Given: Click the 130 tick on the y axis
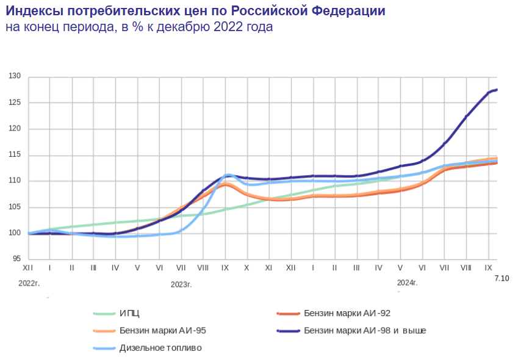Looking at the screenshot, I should pos(15,77).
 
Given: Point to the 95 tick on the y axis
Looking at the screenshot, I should pos(16,259).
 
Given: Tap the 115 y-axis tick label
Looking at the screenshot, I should pos(15,155).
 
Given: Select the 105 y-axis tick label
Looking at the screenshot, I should pos(15,207).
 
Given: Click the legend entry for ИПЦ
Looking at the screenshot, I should pos(129,314).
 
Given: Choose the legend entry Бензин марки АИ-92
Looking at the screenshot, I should pos(346,314).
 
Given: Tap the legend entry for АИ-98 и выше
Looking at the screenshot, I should pos(364,331).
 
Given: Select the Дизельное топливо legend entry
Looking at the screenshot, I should pos(160,348).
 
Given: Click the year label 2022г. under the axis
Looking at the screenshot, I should pos(29,284).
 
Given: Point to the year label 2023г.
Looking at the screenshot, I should pos(181,284).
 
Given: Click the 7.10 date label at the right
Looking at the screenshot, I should pos(502,278).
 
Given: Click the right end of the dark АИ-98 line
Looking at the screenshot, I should pos(497,90).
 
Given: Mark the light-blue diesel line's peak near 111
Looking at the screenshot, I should pos(228,175).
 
